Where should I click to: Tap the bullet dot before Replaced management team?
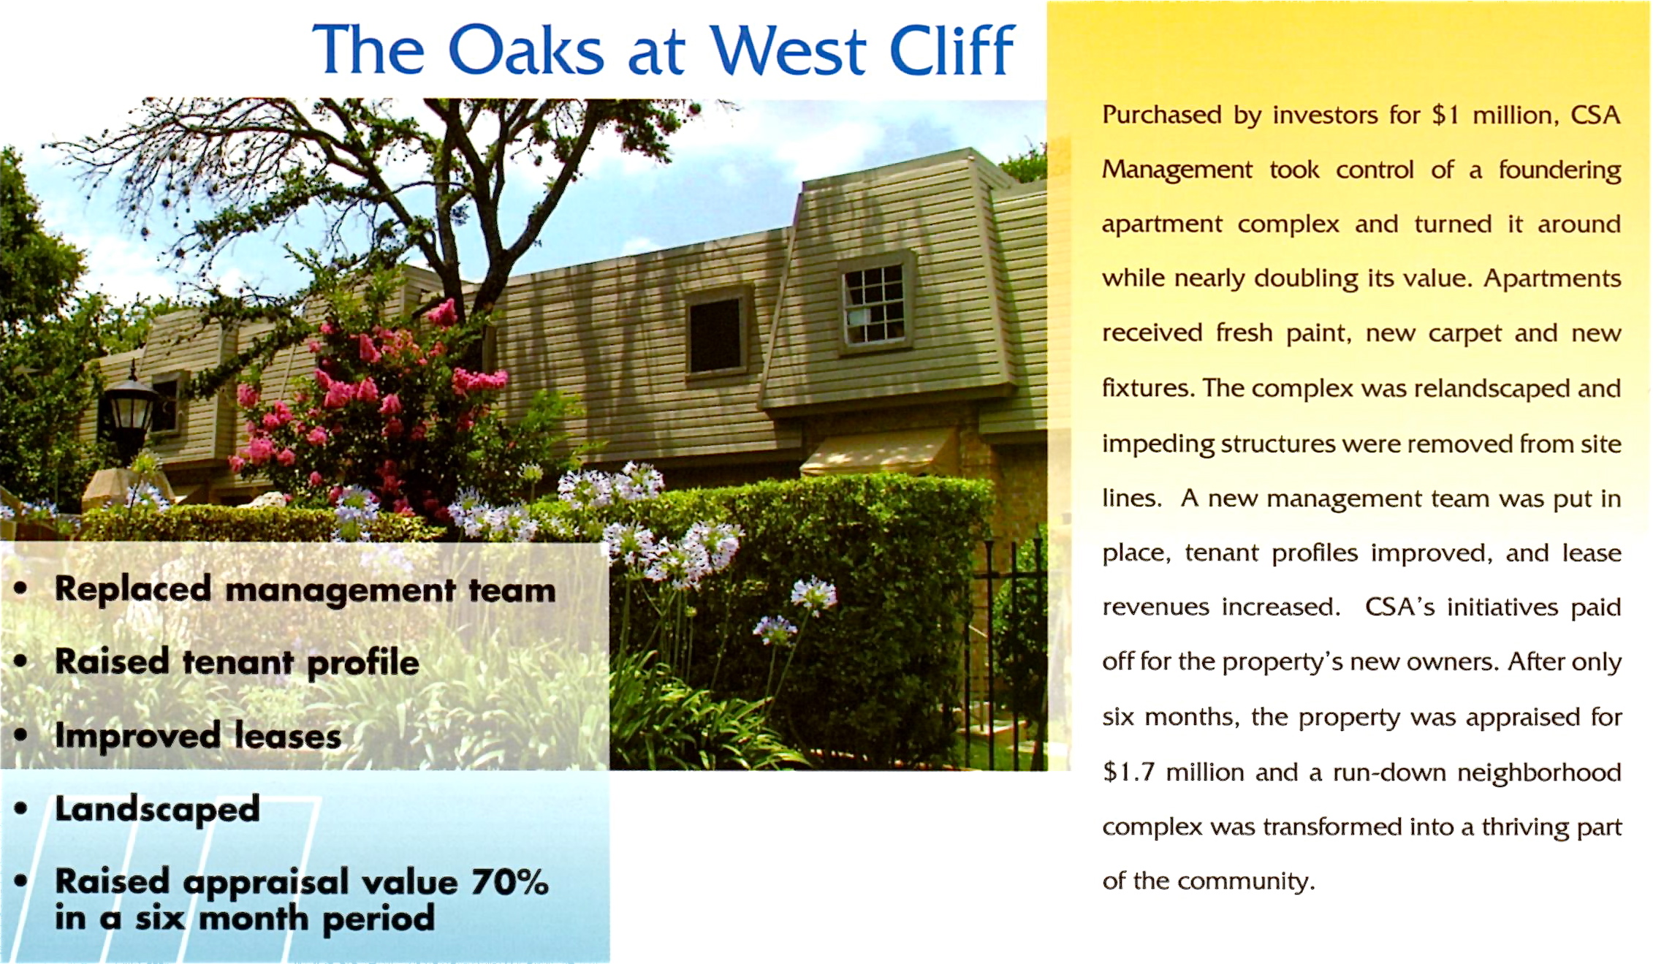(x=20, y=589)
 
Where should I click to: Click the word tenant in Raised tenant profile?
(x=237, y=662)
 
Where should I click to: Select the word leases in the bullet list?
(x=288, y=735)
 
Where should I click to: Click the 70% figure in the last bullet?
(x=509, y=881)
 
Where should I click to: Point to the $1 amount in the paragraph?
(x=1445, y=115)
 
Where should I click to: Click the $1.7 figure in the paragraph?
(x=1128, y=772)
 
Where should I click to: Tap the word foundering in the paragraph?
(x=1559, y=170)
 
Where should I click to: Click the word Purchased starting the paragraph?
(x=1162, y=115)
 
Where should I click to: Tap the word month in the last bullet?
(x=253, y=918)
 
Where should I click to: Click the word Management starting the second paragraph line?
(x=1177, y=170)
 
